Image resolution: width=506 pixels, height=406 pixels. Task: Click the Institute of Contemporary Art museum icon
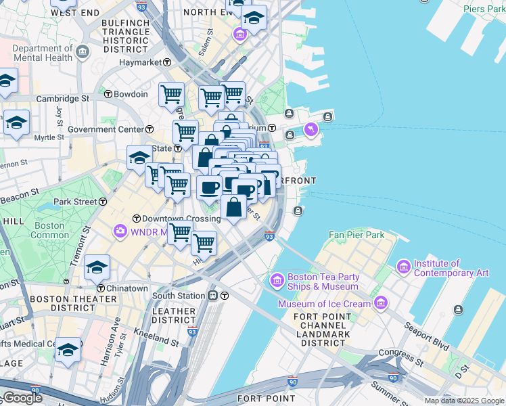[x=404, y=268]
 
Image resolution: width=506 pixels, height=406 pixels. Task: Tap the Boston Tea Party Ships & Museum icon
[x=277, y=280]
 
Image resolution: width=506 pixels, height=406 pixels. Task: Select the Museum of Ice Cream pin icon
[x=381, y=303]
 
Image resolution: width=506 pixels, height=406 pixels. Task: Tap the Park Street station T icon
[x=103, y=202]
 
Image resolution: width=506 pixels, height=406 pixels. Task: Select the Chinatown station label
[x=127, y=288]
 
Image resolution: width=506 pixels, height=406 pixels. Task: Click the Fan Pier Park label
[x=356, y=235]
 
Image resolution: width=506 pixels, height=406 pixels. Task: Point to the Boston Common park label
[x=50, y=230]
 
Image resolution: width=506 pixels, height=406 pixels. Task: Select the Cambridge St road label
[x=62, y=98]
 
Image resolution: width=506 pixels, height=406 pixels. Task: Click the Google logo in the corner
[x=22, y=398]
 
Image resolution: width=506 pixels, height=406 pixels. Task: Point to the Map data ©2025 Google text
[x=464, y=401]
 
